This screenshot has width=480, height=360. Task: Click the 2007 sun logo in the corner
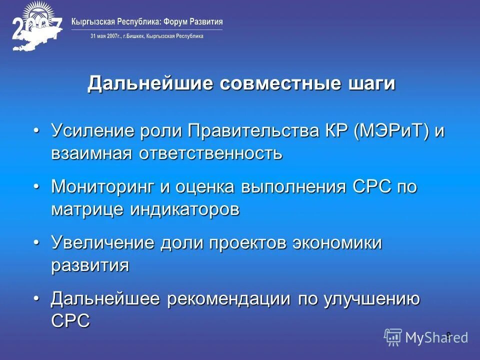coord(36,27)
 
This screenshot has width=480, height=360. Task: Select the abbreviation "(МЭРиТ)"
coord(391,132)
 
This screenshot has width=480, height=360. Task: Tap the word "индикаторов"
coord(185,209)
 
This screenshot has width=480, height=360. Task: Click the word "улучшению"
coord(371,299)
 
